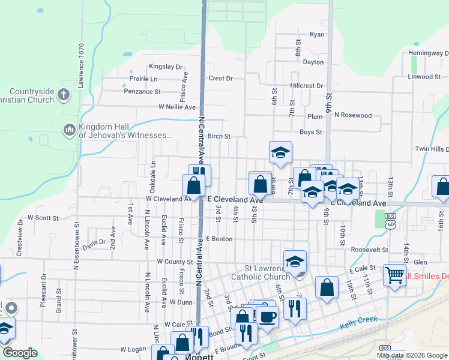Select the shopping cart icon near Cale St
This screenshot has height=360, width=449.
(x=394, y=275)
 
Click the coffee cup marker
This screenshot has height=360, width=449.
(x=267, y=316)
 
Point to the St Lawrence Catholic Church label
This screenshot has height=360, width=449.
(x=259, y=272)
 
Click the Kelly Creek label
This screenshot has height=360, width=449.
(x=358, y=322)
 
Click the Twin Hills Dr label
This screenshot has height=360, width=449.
(x=431, y=149)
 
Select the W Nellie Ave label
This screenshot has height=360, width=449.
(x=177, y=107)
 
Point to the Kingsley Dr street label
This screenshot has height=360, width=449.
(x=165, y=67)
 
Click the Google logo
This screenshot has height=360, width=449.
(x=20, y=353)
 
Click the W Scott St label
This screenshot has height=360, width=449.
(x=43, y=218)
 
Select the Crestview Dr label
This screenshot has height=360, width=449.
(x=20, y=242)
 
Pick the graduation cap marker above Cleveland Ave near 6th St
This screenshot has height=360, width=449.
(x=280, y=153)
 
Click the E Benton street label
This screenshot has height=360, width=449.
(x=218, y=239)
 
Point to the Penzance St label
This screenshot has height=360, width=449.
(x=142, y=92)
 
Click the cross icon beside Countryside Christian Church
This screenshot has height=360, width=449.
(x=65, y=94)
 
